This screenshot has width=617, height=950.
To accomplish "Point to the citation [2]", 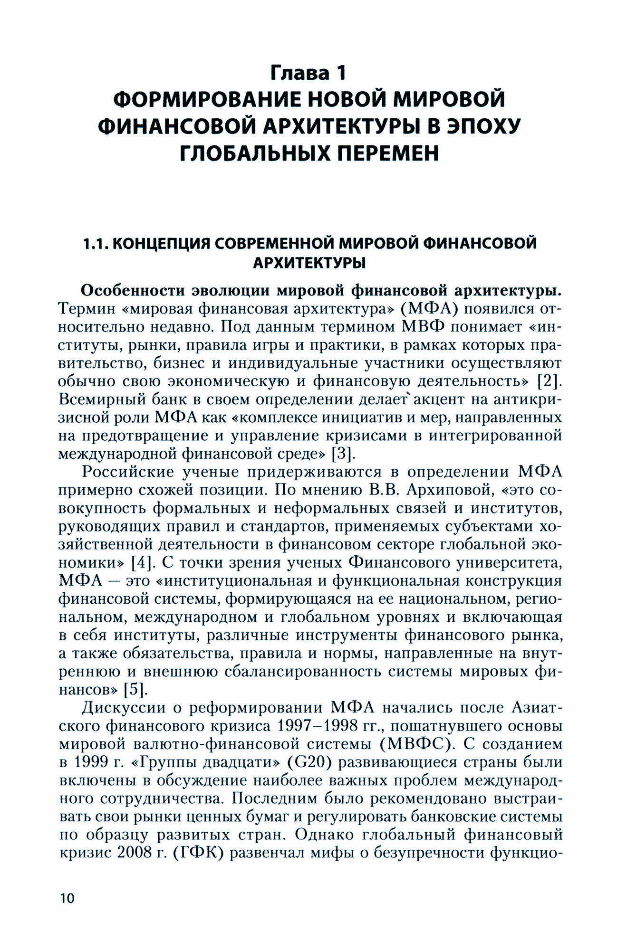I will point(551,381).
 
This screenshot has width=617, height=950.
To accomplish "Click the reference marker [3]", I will point(343,454).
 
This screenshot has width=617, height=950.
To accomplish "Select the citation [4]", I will point(141,562).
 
